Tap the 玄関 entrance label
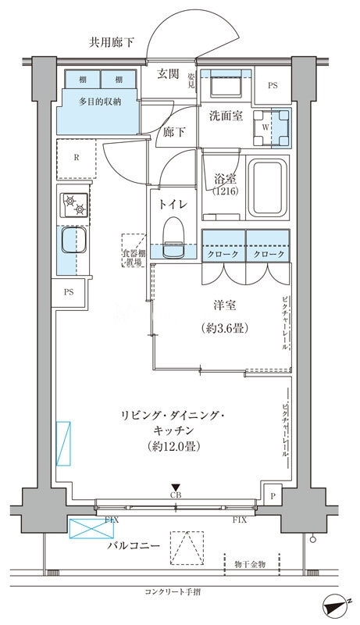(167, 74)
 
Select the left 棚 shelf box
(82, 80)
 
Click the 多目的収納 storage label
(98, 102)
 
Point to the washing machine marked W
(268, 126)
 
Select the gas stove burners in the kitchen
(74, 205)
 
